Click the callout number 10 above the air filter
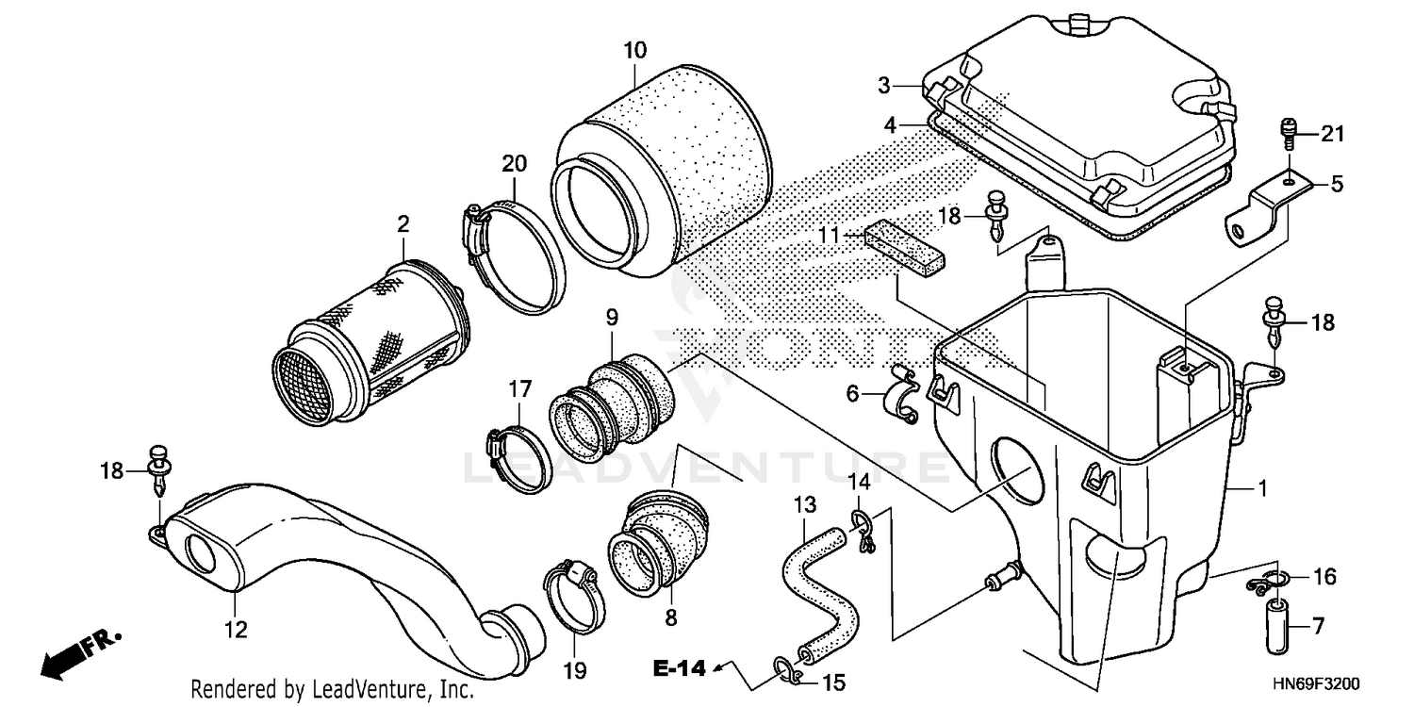[634, 47]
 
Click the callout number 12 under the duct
[237, 630]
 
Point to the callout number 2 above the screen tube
[403, 224]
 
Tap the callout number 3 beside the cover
[884, 86]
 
